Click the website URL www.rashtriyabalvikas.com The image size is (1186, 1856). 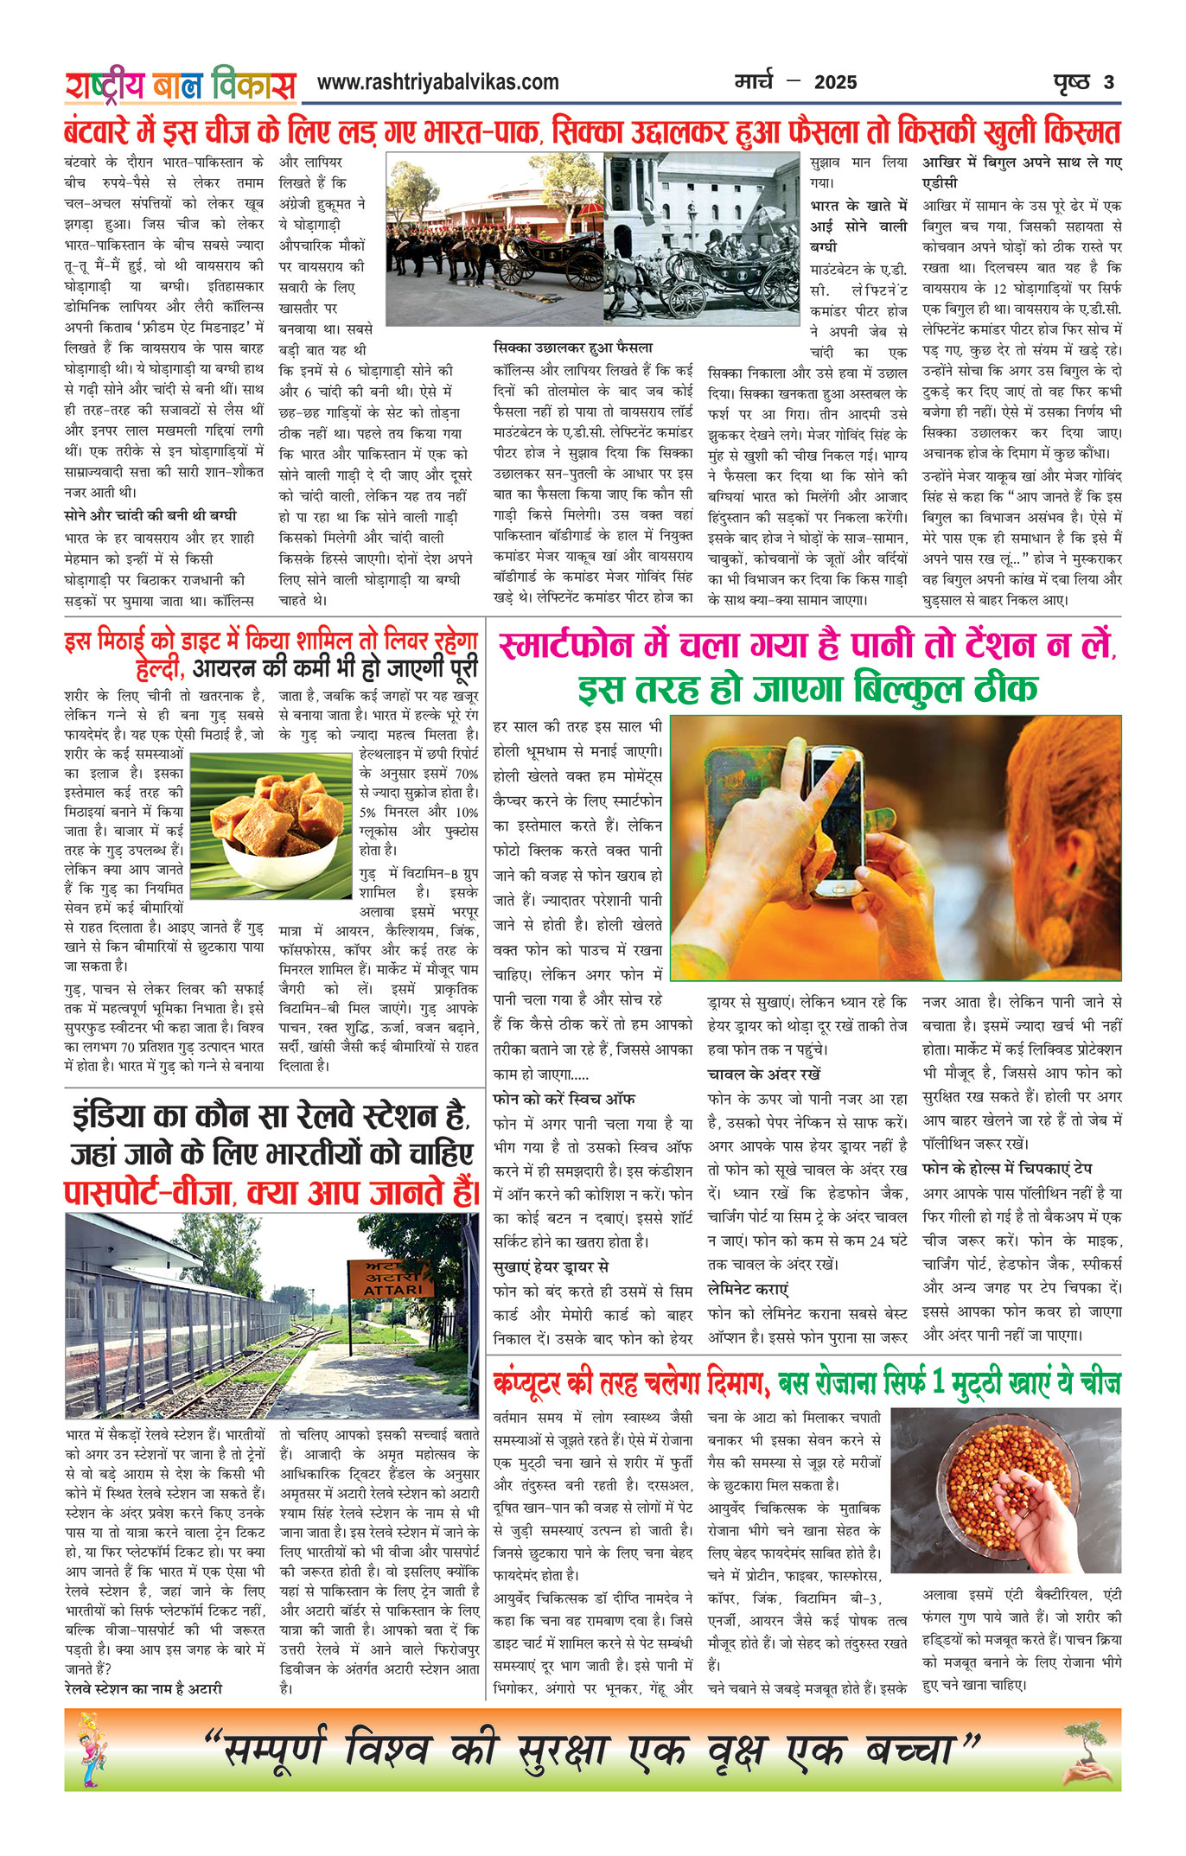(x=437, y=83)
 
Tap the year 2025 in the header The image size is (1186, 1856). (x=835, y=83)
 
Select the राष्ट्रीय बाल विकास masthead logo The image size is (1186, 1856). (x=180, y=86)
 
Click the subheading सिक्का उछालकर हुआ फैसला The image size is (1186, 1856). (x=573, y=348)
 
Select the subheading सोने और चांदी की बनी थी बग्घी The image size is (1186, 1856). (x=150, y=515)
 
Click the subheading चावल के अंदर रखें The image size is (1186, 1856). (x=764, y=1075)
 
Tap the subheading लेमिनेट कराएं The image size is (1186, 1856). (x=749, y=1289)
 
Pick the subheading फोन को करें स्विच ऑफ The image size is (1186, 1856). (x=564, y=1099)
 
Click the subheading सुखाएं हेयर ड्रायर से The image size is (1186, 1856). (x=551, y=1266)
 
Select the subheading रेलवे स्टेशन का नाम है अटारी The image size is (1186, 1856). (x=143, y=1688)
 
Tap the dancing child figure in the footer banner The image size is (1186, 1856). (x=88, y=1749)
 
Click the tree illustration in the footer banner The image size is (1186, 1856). (x=1088, y=1746)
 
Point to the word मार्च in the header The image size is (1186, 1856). (x=753, y=82)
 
